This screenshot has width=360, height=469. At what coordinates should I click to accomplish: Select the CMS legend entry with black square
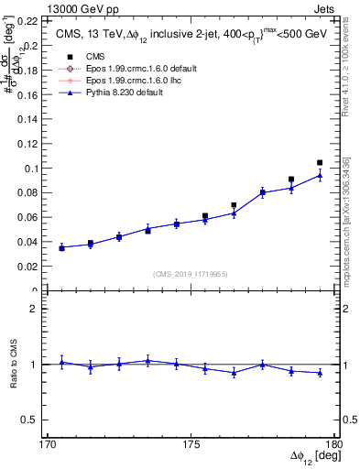click(88, 57)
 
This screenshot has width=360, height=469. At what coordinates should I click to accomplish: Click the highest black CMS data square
click(320, 163)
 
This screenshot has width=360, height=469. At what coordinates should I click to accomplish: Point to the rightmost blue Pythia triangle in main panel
click(320, 175)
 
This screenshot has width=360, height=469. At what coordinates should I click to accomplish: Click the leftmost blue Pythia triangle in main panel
click(61, 247)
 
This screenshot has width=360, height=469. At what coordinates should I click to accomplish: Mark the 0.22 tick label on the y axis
click(27, 20)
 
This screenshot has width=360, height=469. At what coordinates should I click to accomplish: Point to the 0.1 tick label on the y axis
click(30, 169)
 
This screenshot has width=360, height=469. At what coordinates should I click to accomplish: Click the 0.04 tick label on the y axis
click(27, 243)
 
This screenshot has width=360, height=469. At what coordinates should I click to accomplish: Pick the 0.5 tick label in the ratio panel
click(30, 420)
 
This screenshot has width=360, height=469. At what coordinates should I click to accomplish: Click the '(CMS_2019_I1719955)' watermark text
click(191, 274)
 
